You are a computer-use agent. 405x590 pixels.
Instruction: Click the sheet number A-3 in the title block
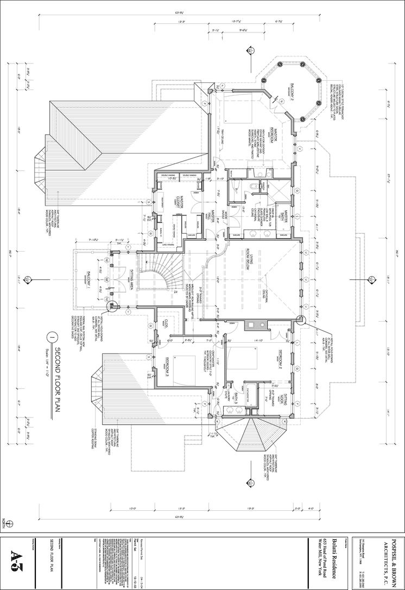(16, 559)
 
